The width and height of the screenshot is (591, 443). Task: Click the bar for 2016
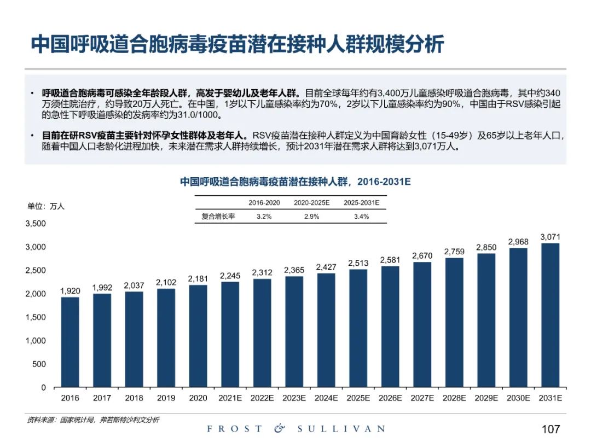point(70,342)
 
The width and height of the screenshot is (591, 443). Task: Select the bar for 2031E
point(551,315)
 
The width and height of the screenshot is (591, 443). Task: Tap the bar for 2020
point(198,336)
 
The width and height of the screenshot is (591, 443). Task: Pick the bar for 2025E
point(358,328)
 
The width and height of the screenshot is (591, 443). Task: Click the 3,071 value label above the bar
point(551,237)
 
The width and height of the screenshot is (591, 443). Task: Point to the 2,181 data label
point(198,278)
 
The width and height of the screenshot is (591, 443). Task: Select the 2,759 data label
point(454,252)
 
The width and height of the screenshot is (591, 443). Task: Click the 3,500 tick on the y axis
point(36,224)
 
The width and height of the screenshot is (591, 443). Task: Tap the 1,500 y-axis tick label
point(36,317)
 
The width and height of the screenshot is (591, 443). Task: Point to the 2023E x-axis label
point(294,398)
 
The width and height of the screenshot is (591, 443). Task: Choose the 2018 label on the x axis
point(134,398)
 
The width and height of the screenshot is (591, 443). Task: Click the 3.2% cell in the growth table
point(264,217)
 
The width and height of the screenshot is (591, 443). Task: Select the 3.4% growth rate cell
point(361,217)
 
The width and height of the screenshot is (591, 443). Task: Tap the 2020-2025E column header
point(312,202)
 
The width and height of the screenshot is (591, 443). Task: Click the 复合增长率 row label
point(218,217)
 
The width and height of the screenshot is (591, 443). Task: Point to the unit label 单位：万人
point(46,206)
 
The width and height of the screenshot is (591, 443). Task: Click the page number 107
point(550,428)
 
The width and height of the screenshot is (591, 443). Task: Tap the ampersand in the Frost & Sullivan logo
point(280,428)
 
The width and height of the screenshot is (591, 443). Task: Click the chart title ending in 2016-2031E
point(295,181)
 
